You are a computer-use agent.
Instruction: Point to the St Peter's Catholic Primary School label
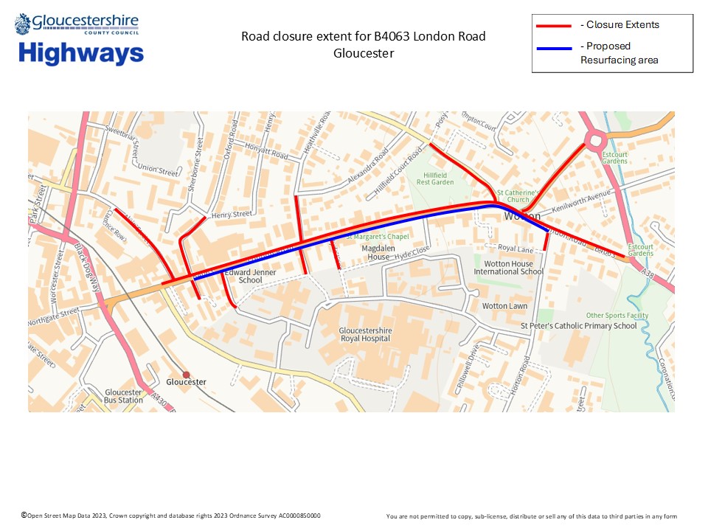578,325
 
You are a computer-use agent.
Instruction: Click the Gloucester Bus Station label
122,396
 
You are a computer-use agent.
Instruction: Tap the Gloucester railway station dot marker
186,375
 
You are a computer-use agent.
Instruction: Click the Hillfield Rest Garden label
435,177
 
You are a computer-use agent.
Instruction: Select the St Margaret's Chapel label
376,237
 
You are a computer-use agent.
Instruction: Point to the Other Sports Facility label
617,316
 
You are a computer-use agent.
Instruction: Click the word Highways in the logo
81,54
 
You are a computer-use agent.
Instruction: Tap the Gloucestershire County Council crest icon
23,24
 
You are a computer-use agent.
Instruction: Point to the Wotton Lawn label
504,305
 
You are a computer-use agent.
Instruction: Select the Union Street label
159,172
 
